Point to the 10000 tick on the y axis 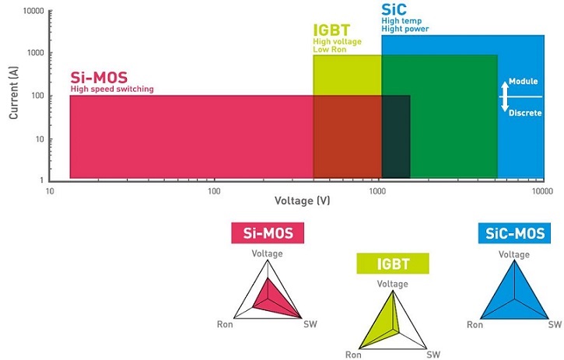32,12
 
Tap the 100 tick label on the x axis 213,190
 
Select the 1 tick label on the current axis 40,180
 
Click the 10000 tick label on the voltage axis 541,190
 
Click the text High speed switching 111,89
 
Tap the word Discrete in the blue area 525,113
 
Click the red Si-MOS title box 268,232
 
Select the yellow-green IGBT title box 392,264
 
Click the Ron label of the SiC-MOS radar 474,323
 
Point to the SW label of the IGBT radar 433,355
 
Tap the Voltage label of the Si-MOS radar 268,253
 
